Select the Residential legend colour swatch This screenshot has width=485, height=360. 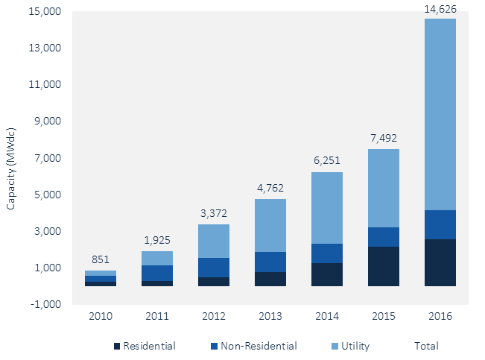[116, 346]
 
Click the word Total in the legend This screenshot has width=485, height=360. [426, 346]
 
